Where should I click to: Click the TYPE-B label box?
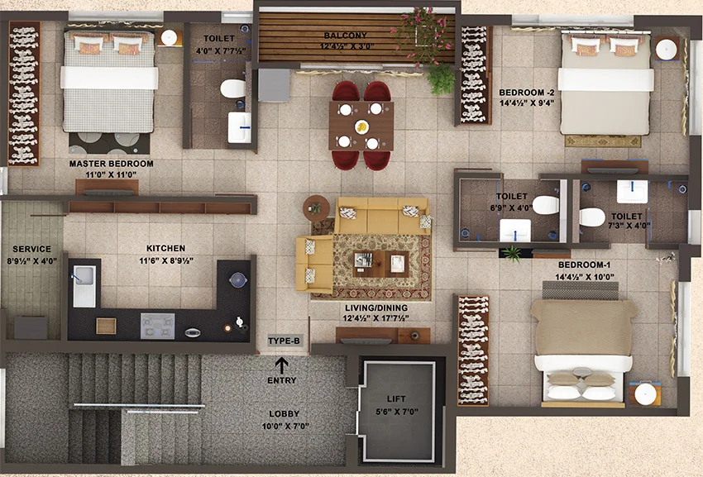click(x=284, y=341)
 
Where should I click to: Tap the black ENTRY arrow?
click(x=281, y=365)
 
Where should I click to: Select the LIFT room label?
click(x=396, y=398)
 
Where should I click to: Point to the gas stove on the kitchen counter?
click(x=157, y=326)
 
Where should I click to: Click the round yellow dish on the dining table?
click(x=361, y=126)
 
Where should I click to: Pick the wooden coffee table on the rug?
click(x=380, y=264)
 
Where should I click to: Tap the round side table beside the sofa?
click(x=316, y=208)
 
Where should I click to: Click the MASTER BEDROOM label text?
click(x=111, y=164)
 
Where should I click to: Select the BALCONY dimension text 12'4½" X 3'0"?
click(x=347, y=46)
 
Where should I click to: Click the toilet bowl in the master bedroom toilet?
click(x=232, y=88)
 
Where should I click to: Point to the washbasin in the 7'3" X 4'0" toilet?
click(x=632, y=192)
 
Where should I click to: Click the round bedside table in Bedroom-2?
click(x=667, y=49)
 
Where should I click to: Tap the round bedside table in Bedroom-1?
click(x=645, y=394)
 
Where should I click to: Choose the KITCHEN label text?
click(x=166, y=248)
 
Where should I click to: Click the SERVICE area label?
click(x=31, y=249)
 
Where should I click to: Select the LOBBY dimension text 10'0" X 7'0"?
click(x=285, y=426)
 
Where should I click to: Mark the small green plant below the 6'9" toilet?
click(x=512, y=253)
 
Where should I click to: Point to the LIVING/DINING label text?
click(x=376, y=308)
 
